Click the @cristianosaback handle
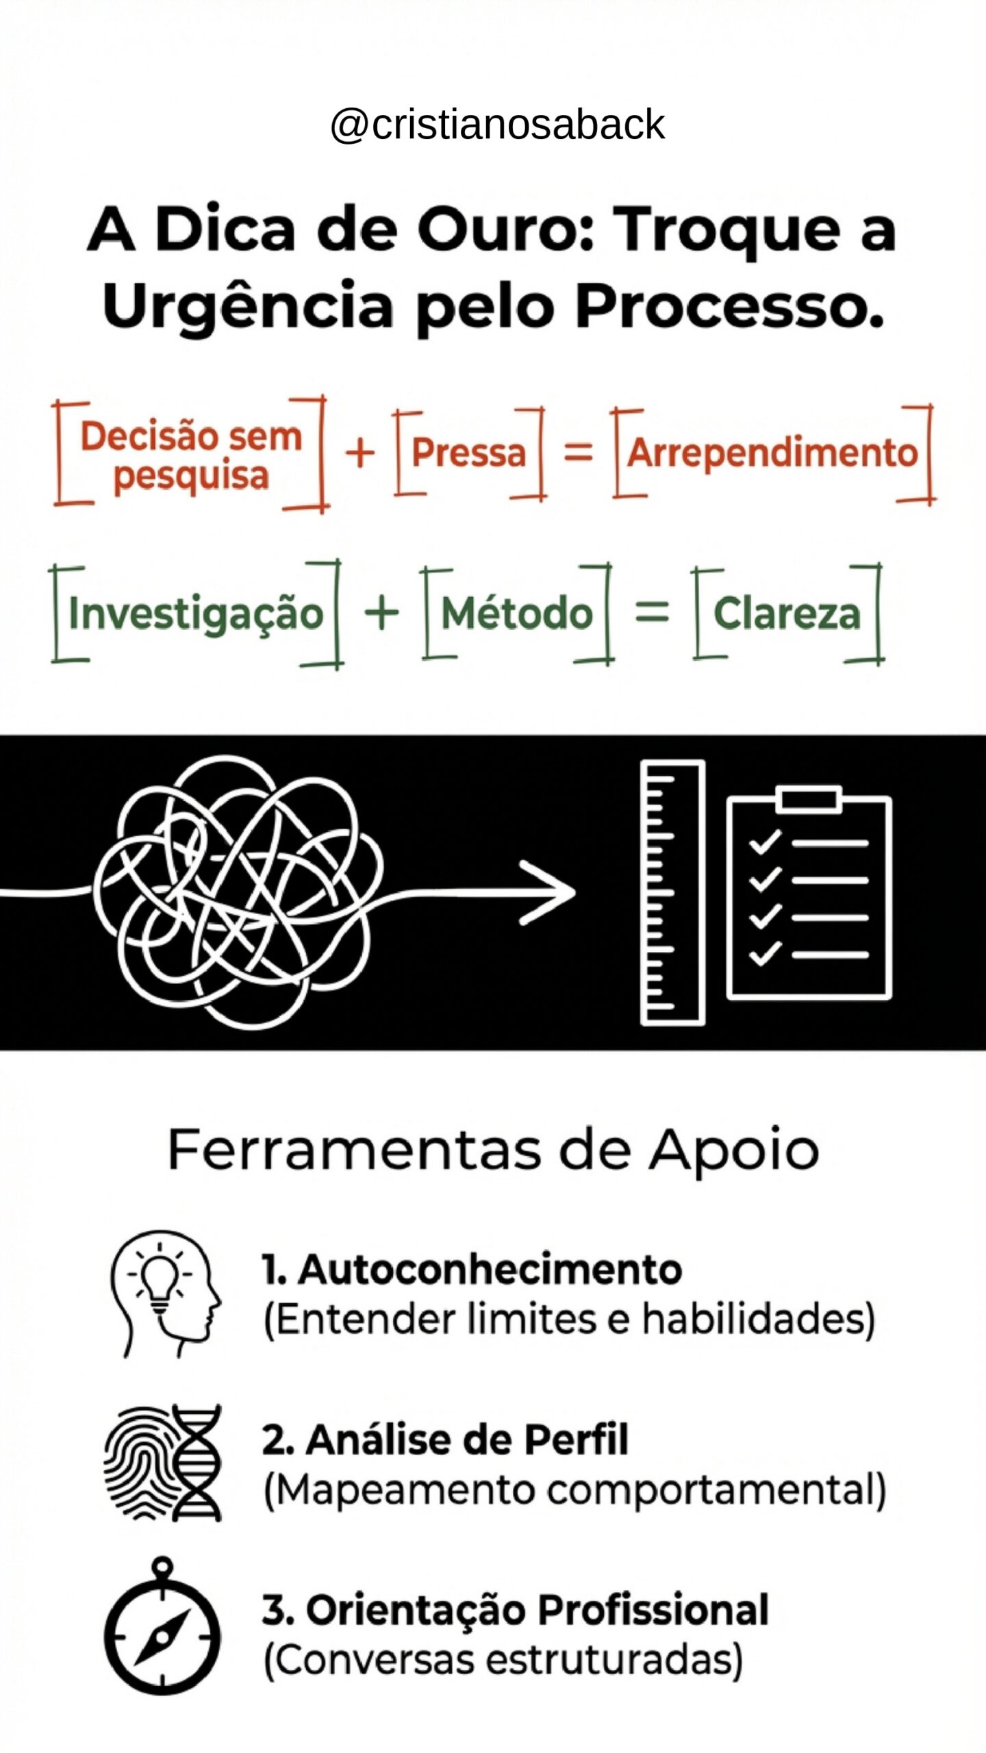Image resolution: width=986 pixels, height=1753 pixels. pos(497,125)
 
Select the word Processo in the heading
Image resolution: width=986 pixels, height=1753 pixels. pos(729,305)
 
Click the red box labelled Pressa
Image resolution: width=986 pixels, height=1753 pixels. pos(469,453)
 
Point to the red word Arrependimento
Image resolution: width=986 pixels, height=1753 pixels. pos(772,453)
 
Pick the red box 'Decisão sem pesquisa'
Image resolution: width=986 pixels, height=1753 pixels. pos(190,455)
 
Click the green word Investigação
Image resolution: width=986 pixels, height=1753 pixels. pos(196,613)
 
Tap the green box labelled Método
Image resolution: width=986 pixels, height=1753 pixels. pos(517,613)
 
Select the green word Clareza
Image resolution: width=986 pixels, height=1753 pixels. pos(787,613)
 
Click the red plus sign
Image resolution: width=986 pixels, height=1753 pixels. pos(360,453)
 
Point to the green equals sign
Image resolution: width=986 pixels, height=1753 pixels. pos(651,611)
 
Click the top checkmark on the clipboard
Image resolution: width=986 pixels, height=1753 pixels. pos(764,842)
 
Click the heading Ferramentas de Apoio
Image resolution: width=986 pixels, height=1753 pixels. pos(493,1150)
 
